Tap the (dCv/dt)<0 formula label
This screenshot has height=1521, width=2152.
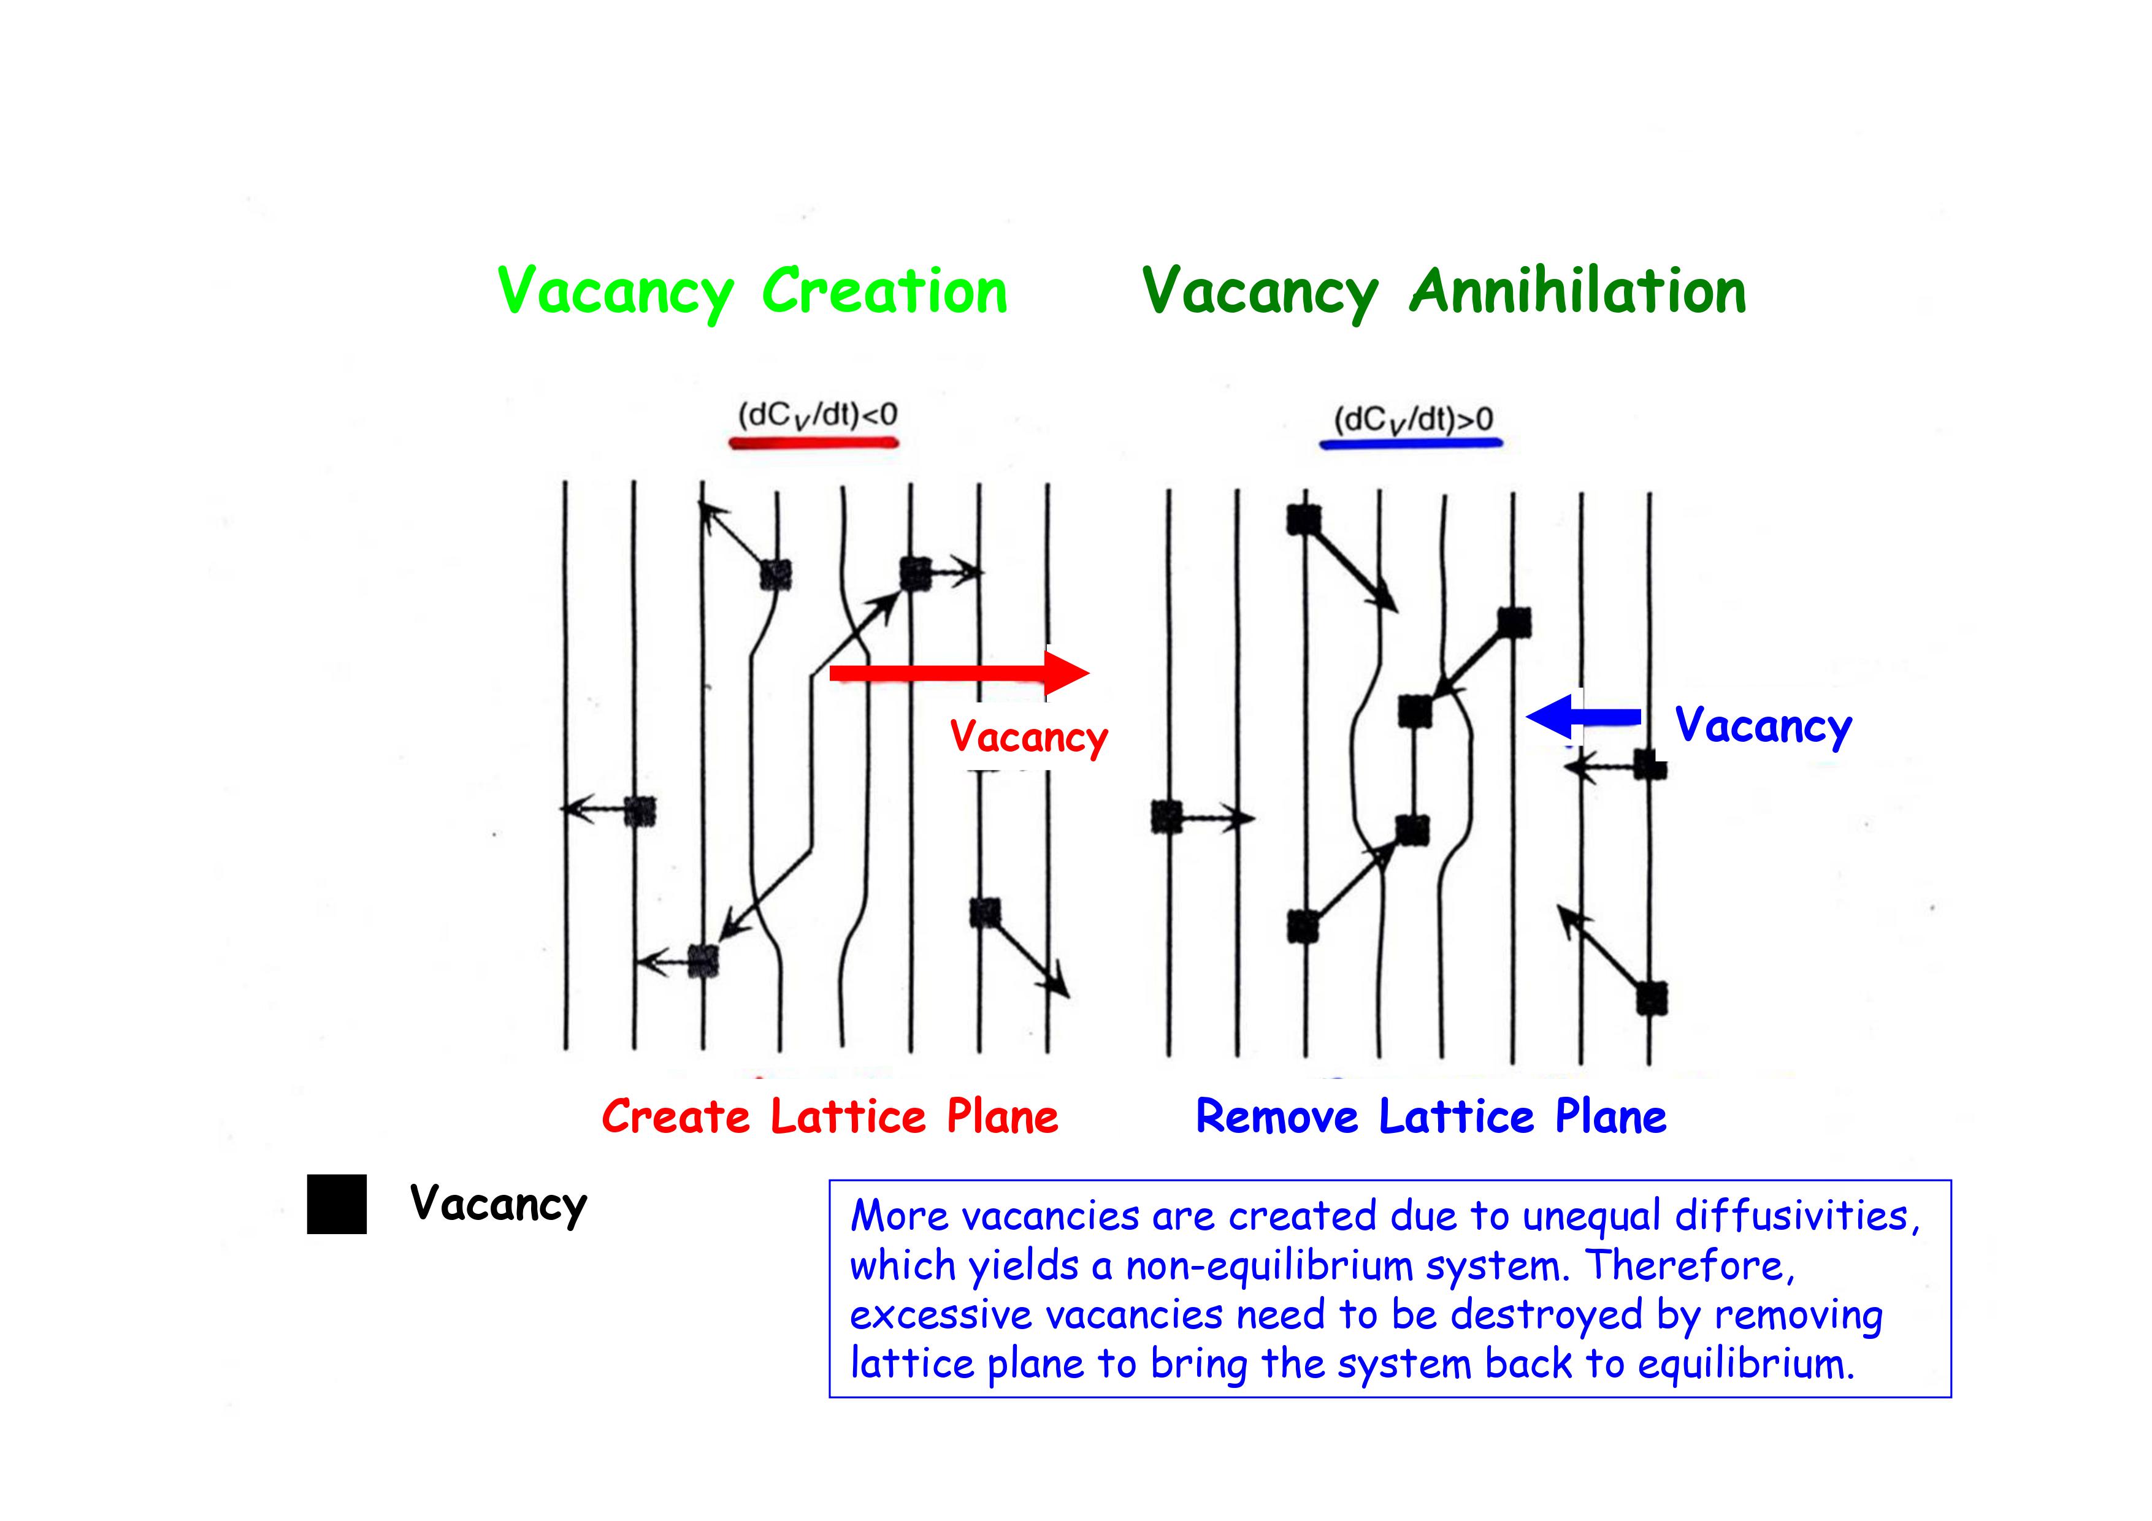(818, 414)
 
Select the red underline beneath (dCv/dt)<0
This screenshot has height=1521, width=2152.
(814, 441)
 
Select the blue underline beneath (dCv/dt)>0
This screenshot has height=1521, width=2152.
(1411, 443)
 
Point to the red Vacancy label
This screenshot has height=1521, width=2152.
(1028, 738)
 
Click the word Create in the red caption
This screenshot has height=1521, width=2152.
(676, 1117)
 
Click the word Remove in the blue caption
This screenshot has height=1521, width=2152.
(1277, 1117)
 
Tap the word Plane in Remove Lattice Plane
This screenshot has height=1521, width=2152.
(1610, 1117)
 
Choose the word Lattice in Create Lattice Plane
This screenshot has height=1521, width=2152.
(848, 1117)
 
